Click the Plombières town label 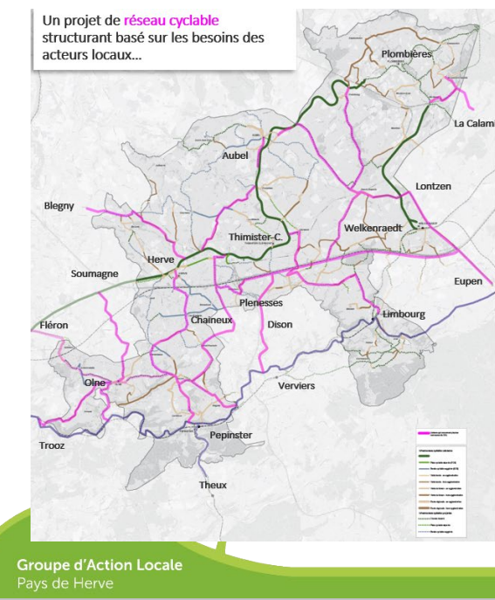pos(406,54)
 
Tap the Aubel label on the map pos(236,155)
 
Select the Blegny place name pos(59,206)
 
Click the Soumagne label pos(94,274)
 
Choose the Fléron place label pos(53,325)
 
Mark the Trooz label pos(52,445)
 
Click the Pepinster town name pos(231,434)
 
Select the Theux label pos(213,485)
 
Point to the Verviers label pos(296,385)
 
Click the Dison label pos(280,324)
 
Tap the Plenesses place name pos(261,303)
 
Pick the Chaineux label pos(211,321)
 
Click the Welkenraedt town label pos(372,227)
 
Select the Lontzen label pos(434,187)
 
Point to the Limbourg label pos(404,314)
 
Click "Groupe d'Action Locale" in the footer pos(100,565)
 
